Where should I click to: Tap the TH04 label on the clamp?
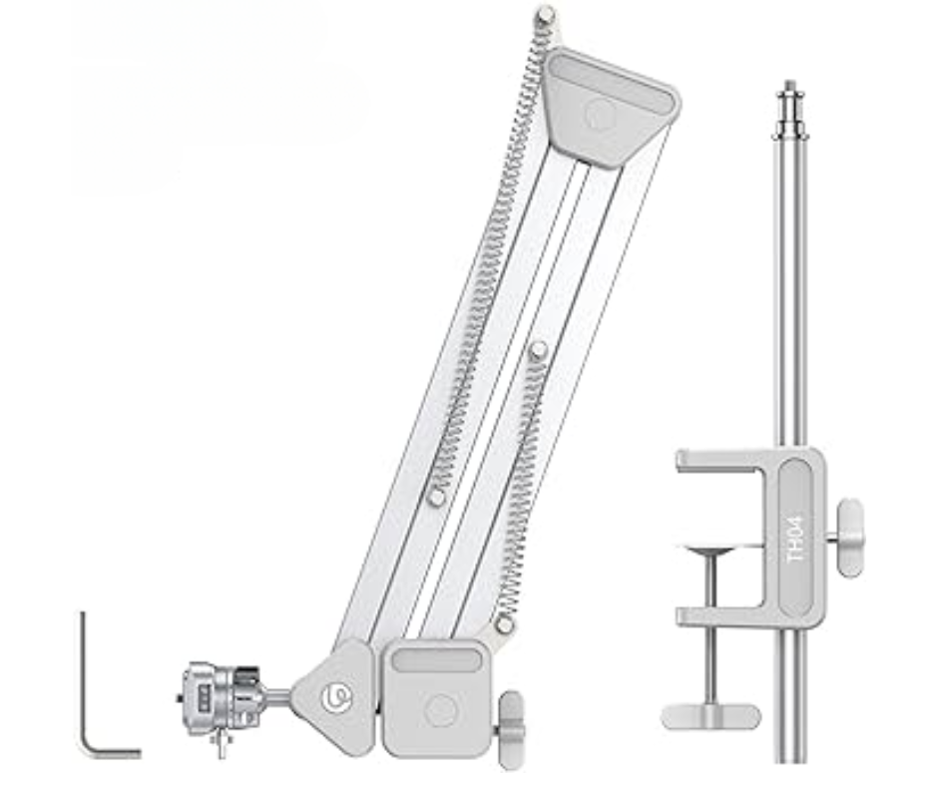click(x=796, y=539)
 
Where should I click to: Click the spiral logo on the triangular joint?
click(x=336, y=697)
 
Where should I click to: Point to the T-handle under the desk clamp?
click(x=710, y=716)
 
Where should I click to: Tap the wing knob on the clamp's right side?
click(x=849, y=538)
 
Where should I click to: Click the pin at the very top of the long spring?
click(x=545, y=15)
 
